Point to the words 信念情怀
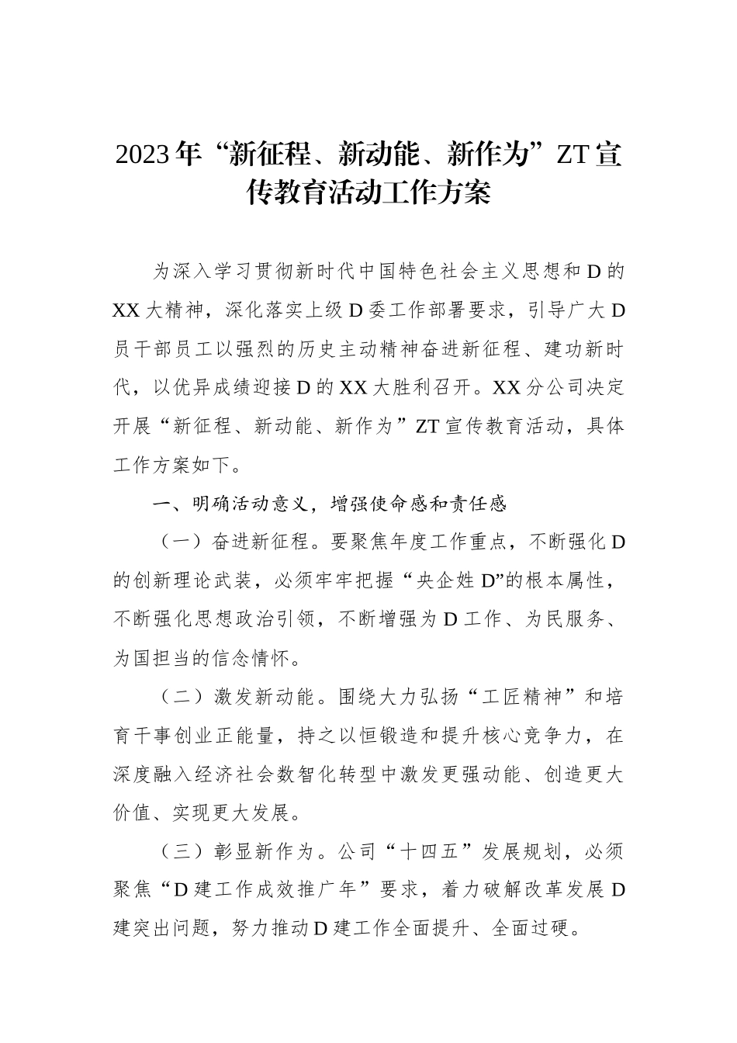(259, 659)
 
